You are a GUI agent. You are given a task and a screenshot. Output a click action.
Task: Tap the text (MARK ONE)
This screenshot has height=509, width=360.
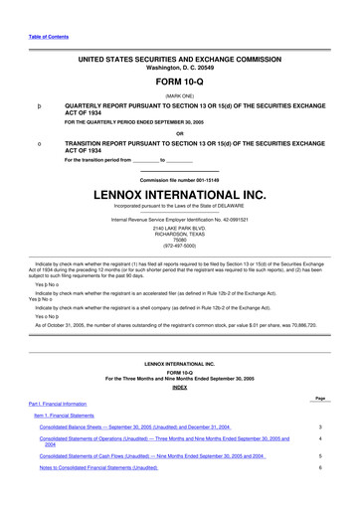point(179,95)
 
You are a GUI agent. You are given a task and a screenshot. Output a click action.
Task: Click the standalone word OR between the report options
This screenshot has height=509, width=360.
point(179,133)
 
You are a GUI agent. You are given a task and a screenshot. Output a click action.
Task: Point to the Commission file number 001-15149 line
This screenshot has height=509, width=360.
point(179,179)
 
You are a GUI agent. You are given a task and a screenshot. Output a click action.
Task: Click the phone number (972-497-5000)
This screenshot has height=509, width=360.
point(179,246)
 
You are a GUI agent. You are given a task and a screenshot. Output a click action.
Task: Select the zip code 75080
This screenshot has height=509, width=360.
point(179,240)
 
